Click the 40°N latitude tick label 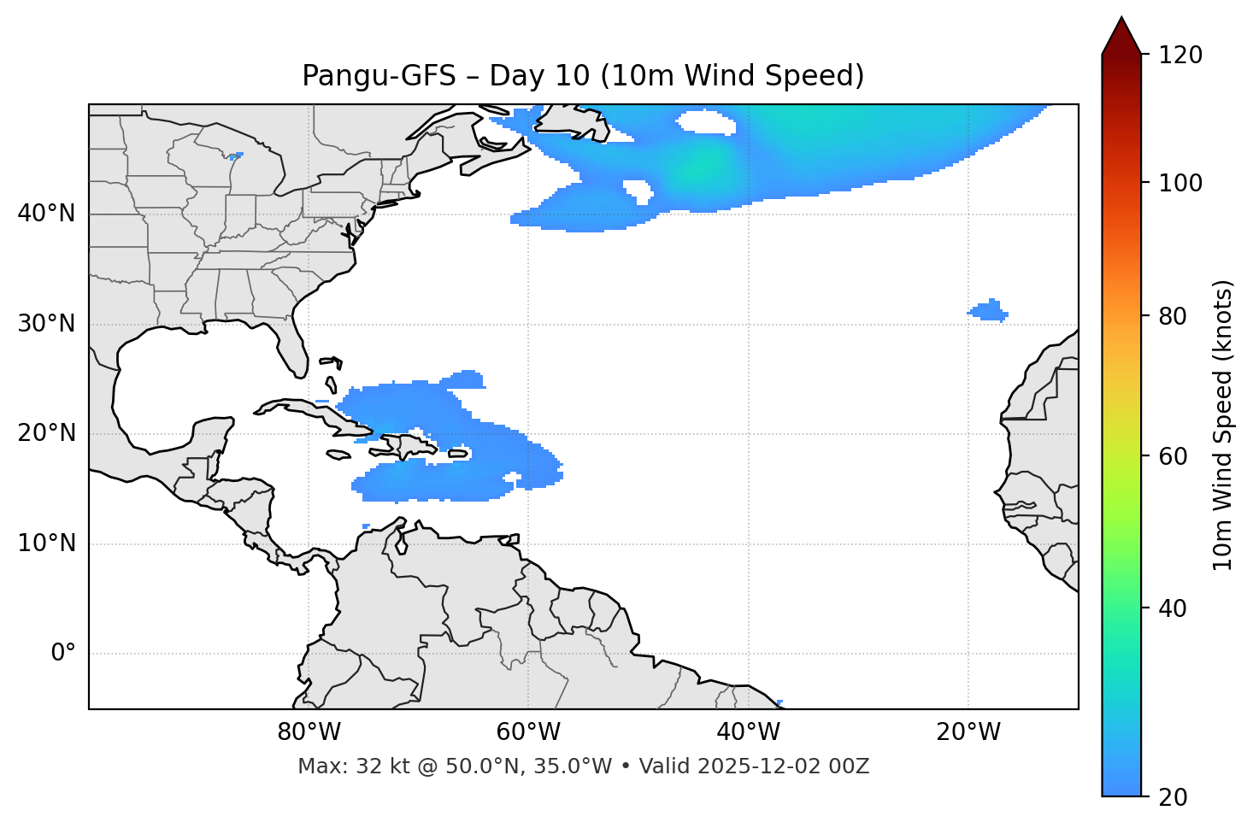pos(46,214)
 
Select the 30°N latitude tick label pos(46,324)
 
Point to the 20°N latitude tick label pos(46,433)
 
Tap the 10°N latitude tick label pos(46,543)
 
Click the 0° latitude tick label pos(62,654)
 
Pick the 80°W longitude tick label pos(309,732)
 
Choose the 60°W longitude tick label pos(528,732)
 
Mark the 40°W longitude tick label pos(748,732)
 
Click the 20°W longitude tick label pos(968,732)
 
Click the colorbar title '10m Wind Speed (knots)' pos(1223,426)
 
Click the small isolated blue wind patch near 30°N pos(989,311)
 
